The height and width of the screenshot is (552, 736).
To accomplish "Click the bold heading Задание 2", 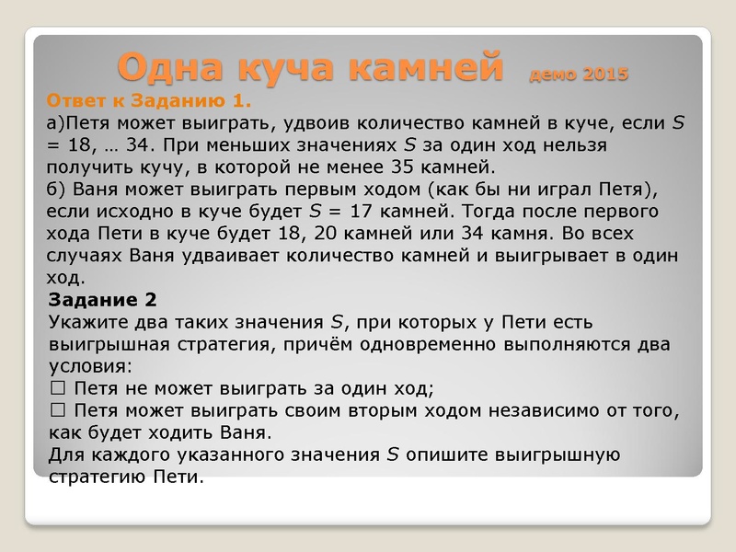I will click(x=102, y=300).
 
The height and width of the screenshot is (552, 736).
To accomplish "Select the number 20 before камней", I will click(x=321, y=233).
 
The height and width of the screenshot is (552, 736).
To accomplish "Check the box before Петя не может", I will click(x=57, y=387).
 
